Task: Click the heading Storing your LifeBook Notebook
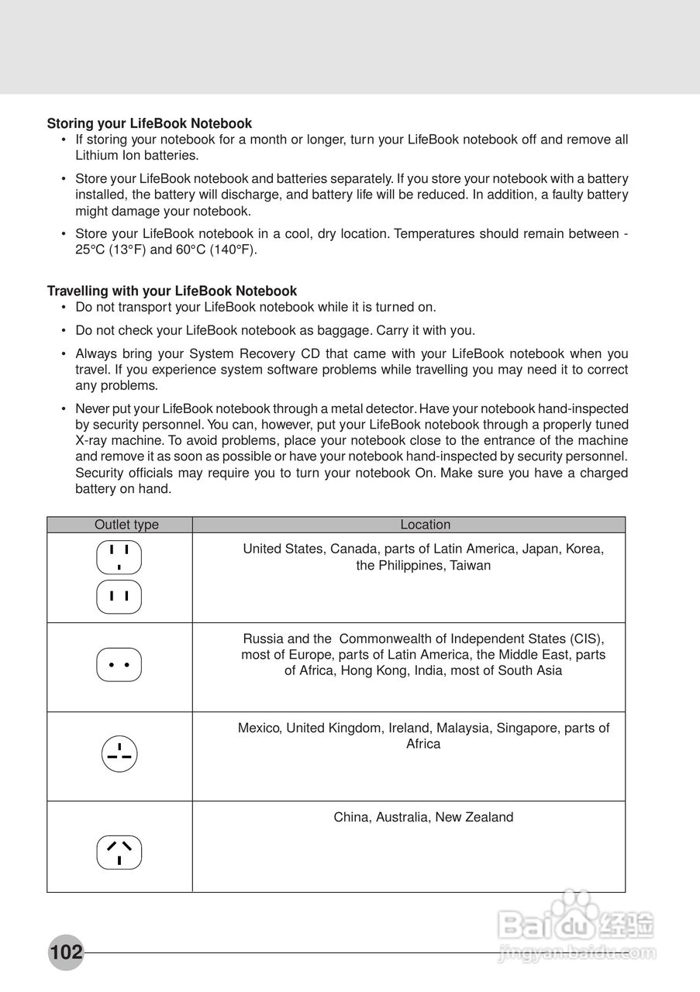(x=150, y=123)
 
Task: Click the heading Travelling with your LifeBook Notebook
(x=172, y=291)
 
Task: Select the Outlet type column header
(x=126, y=525)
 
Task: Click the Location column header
(x=425, y=525)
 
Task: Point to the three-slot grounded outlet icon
(x=119, y=557)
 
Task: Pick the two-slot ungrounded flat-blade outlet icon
(x=119, y=597)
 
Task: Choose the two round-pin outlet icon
(x=119, y=665)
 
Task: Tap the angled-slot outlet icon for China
(x=119, y=852)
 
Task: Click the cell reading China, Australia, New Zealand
(x=423, y=817)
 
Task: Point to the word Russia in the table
(x=263, y=639)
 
